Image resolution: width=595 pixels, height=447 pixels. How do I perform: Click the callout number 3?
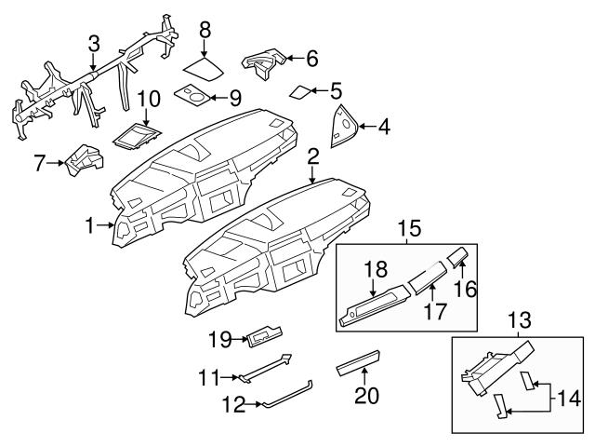[x=94, y=43]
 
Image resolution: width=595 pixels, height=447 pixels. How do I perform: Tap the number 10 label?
[x=149, y=100]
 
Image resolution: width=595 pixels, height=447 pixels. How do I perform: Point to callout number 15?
[x=408, y=227]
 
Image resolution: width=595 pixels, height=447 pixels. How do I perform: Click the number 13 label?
[x=518, y=320]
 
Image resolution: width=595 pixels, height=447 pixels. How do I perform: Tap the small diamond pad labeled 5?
[x=302, y=91]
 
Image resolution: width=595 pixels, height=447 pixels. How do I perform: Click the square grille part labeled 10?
[x=136, y=137]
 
